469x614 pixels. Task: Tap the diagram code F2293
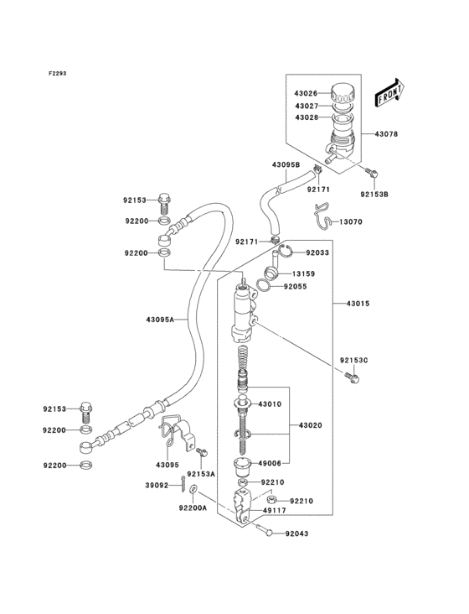coord(57,73)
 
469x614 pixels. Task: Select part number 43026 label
coord(305,93)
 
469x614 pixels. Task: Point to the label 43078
coord(387,134)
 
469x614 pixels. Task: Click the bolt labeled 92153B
coord(373,173)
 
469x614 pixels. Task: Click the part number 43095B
coord(286,165)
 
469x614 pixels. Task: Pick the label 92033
coord(317,252)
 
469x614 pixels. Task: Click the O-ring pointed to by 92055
coord(263,286)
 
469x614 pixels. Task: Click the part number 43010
coord(271,404)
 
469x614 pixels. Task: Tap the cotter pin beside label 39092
coord(183,483)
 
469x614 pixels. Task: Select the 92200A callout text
coord(193,507)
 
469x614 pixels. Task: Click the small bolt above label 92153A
coord(201,453)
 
